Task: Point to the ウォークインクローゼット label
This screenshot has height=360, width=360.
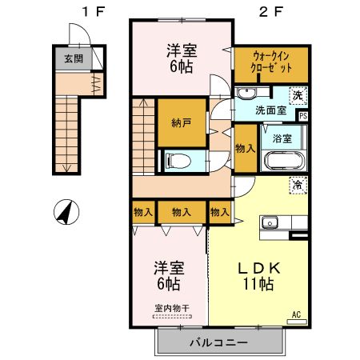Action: point(271,63)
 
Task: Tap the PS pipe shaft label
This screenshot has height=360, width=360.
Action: point(302,116)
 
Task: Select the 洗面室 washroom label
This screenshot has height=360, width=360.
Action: point(271,110)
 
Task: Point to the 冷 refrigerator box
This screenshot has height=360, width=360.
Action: point(298,185)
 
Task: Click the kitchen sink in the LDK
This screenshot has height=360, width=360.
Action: point(269,220)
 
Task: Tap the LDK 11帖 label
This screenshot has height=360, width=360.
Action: point(255,274)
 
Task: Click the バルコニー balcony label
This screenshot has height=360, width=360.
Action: point(218,342)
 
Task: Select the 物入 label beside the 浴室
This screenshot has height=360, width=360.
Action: point(246,149)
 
